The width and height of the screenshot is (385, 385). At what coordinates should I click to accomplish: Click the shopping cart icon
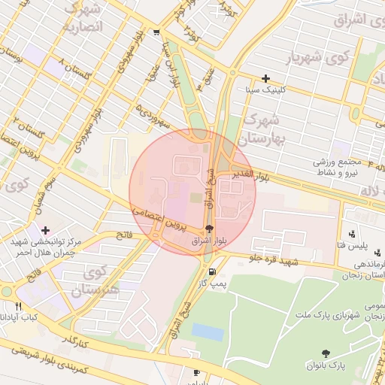[156, 32]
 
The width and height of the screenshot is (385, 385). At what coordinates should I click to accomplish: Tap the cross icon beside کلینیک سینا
[265, 78]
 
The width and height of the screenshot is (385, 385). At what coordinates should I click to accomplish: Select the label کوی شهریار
[310, 58]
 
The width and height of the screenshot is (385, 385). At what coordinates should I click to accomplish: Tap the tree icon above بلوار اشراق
[209, 229]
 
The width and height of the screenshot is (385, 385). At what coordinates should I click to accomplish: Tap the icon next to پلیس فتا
[352, 234]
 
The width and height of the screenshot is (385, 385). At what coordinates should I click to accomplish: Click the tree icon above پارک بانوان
[326, 353]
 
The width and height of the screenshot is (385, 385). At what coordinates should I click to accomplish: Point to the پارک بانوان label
[325, 365]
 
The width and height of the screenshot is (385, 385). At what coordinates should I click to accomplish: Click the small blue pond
[208, 331]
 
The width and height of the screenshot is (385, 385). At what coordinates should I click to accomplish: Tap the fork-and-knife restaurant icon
[20, 307]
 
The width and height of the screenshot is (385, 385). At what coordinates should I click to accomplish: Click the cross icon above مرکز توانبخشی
[47, 230]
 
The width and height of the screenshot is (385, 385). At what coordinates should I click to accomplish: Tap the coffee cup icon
[196, 373]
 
